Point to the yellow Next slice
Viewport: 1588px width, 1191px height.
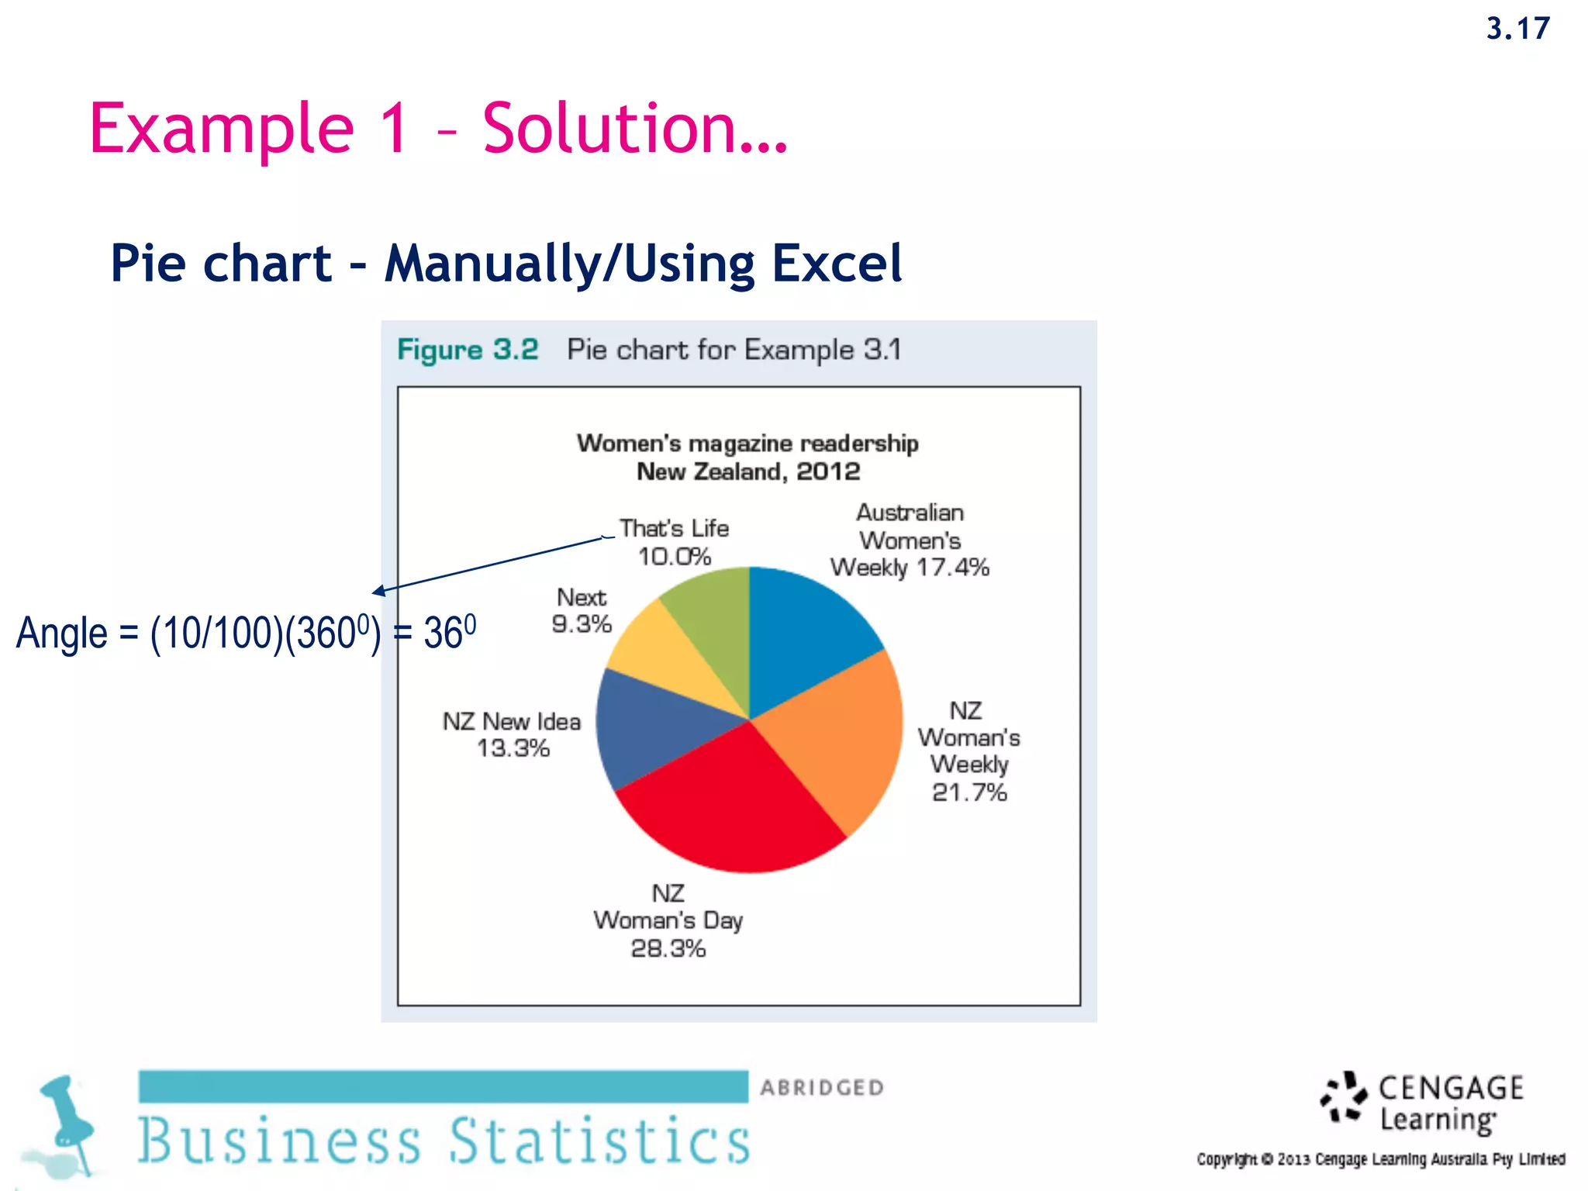click(x=667, y=659)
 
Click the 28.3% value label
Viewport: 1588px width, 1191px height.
click(x=668, y=948)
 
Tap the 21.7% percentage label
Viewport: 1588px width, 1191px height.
click(x=969, y=792)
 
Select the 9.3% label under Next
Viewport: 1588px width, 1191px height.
click(x=582, y=624)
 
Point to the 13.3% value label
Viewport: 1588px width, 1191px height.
click(x=513, y=748)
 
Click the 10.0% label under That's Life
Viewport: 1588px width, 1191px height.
click(x=675, y=557)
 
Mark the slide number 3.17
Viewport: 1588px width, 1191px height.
click(x=1517, y=29)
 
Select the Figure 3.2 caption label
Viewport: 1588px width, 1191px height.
click(x=468, y=350)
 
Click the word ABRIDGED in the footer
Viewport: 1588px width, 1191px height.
click(x=822, y=1088)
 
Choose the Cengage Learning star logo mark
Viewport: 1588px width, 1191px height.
click(x=1344, y=1097)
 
